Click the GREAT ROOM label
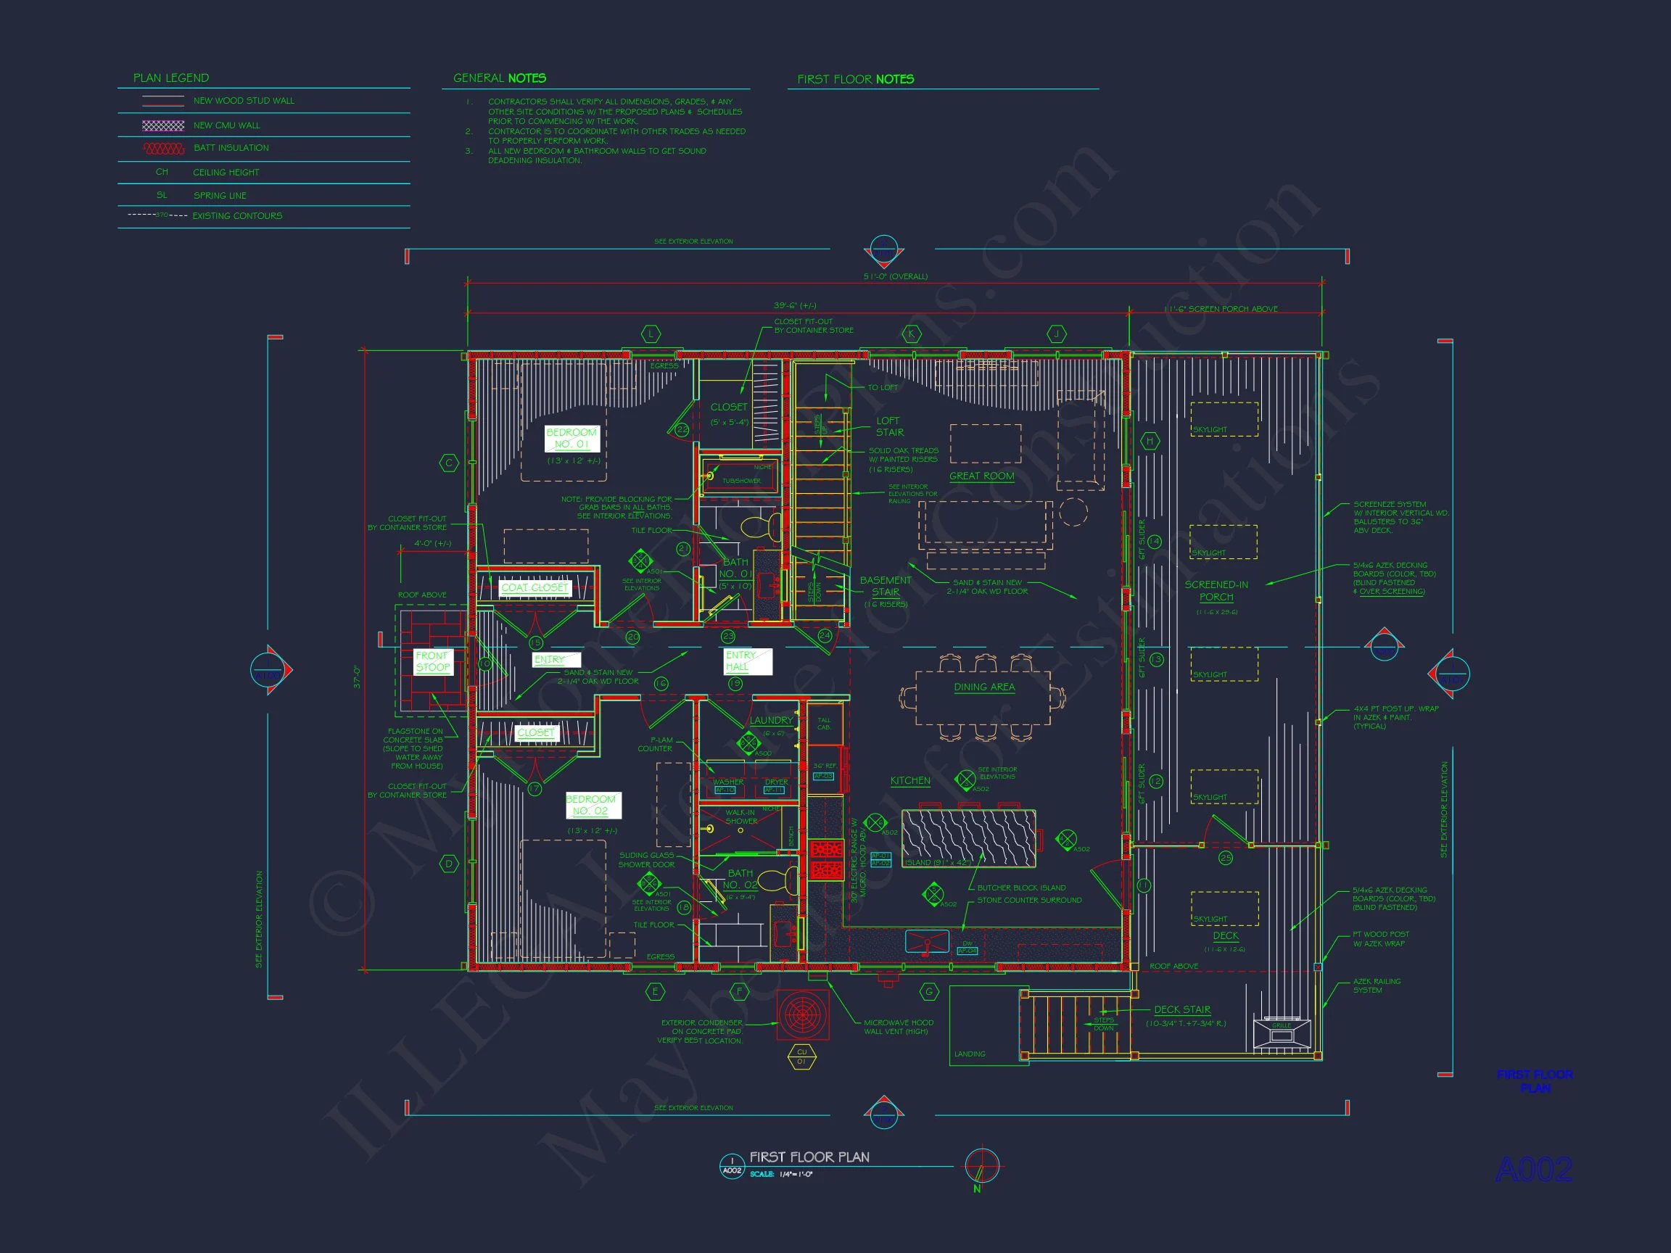point(981,476)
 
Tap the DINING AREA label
point(983,687)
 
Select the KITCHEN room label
point(909,780)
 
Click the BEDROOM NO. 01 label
point(572,438)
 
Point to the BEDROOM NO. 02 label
point(591,804)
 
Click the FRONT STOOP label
point(432,661)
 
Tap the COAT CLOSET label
point(534,587)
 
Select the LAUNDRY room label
point(770,720)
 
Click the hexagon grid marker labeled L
point(651,333)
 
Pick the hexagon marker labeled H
point(1150,441)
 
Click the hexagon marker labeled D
point(449,864)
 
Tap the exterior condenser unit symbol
point(802,1014)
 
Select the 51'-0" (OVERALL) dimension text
point(895,276)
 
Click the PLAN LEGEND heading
point(170,78)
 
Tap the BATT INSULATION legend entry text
point(231,148)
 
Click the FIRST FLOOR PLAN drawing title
point(809,1157)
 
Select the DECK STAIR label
point(1181,1009)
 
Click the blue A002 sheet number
point(1533,1170)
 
